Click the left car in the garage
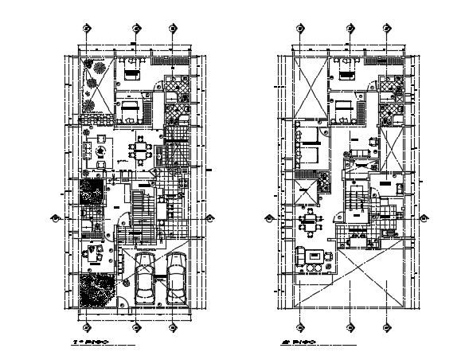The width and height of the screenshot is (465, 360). [146, 279]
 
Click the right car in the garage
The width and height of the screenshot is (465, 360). [176, 279]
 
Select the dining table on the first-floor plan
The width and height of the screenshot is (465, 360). [141, 151]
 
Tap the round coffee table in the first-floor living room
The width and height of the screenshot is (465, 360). [101, 151]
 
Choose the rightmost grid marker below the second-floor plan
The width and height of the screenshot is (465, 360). [385, 327]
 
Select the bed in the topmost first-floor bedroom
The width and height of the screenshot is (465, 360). [131, 71]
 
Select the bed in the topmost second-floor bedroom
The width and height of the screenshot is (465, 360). [346, 72]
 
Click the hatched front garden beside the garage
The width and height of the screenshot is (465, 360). [98, 290]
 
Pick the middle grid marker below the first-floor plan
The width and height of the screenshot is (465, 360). [136, 327]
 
